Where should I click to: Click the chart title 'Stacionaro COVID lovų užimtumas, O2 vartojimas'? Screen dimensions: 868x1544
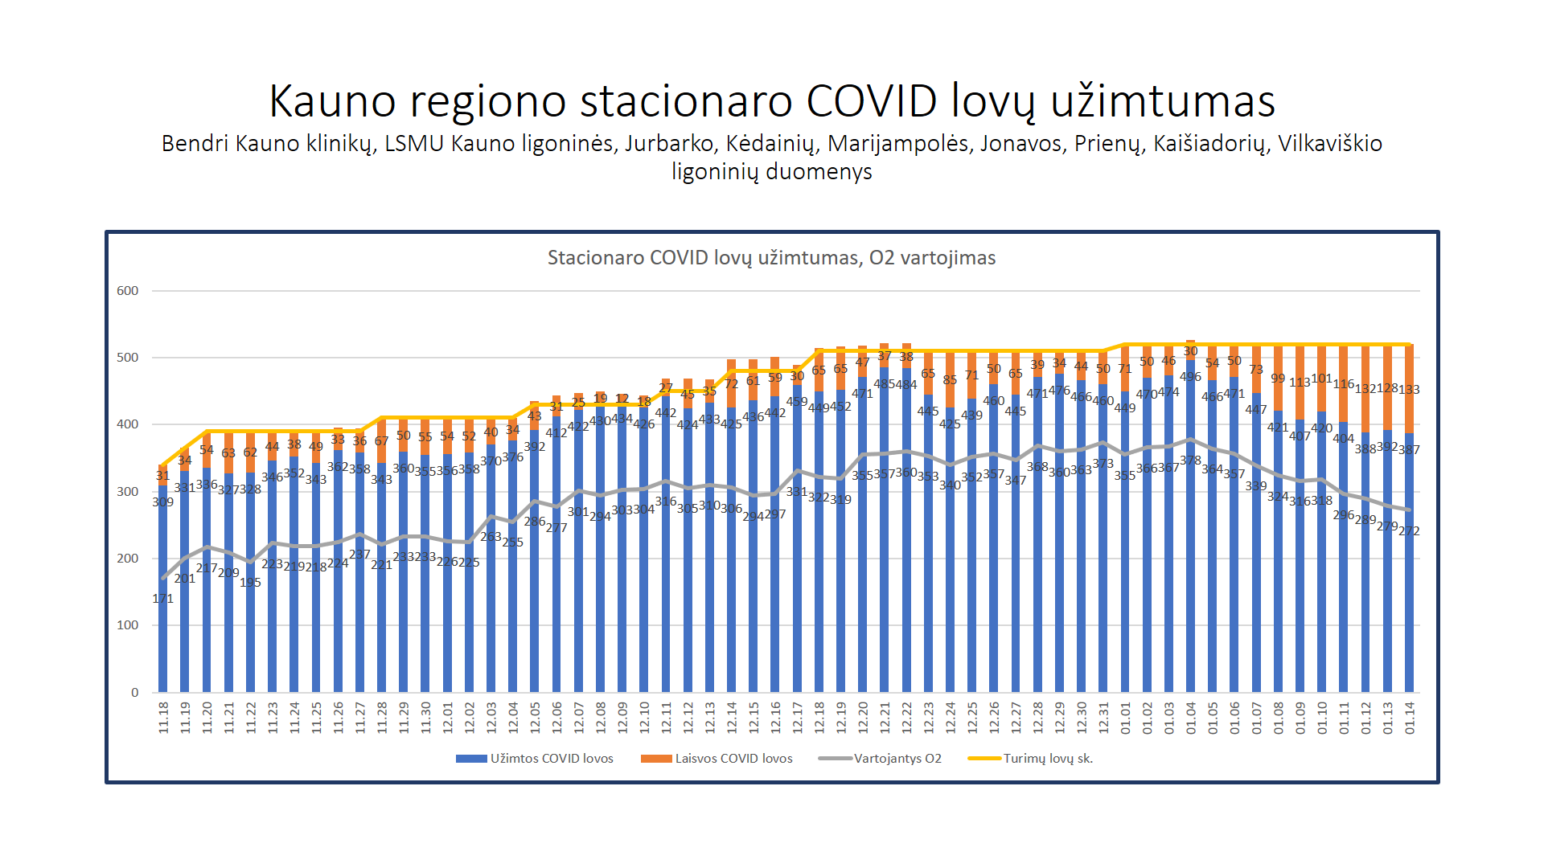pyautogui.click(x=771, y=258)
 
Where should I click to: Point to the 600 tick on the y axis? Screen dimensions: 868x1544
pyautogui.click(x=128, y=291)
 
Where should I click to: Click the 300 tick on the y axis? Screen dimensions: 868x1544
pyautogui.click(x=128, y=491)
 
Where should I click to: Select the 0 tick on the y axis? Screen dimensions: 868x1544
pyautogui.click(x=134, y=692)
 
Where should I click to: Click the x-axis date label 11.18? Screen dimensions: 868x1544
pyautogui.click(x=163, y=717)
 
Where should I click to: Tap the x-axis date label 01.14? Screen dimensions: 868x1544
pyautogui.click(x=1409, y=717)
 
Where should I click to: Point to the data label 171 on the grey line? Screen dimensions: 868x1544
pyautogui.click(x=162, y=599)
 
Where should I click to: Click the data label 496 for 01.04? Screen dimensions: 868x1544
pyautogui.click(x=1190, y=377)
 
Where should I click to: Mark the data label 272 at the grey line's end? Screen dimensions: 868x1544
pyautogui.click(x=1409, y=531)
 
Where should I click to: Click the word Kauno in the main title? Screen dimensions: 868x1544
pyautogui.click(x=332, y=101)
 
